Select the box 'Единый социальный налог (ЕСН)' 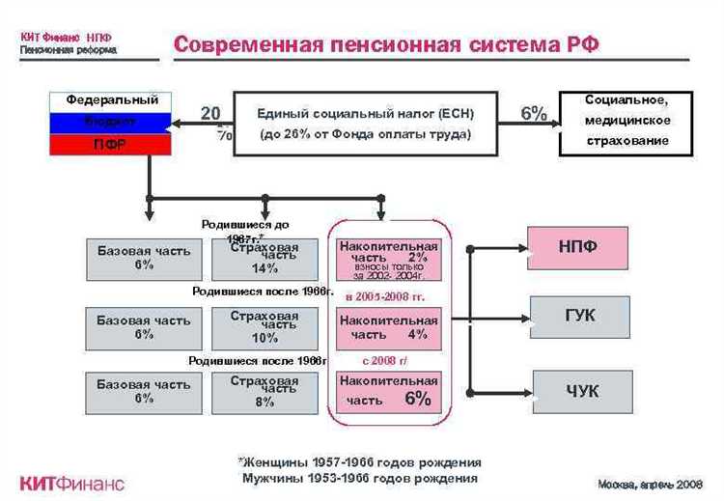click(x=367, y=125)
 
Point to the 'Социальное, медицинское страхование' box click(x=627, y=121)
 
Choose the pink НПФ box click(x=578, y=247)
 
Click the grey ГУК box click(x=579, y=317)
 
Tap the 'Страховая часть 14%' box click(x=265, y=259)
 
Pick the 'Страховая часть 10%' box click(x=265, y=327)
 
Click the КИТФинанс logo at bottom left click(x=72, y=484)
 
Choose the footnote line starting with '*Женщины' click(x=359, y=462)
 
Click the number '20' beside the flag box click(x=210, y=113)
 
